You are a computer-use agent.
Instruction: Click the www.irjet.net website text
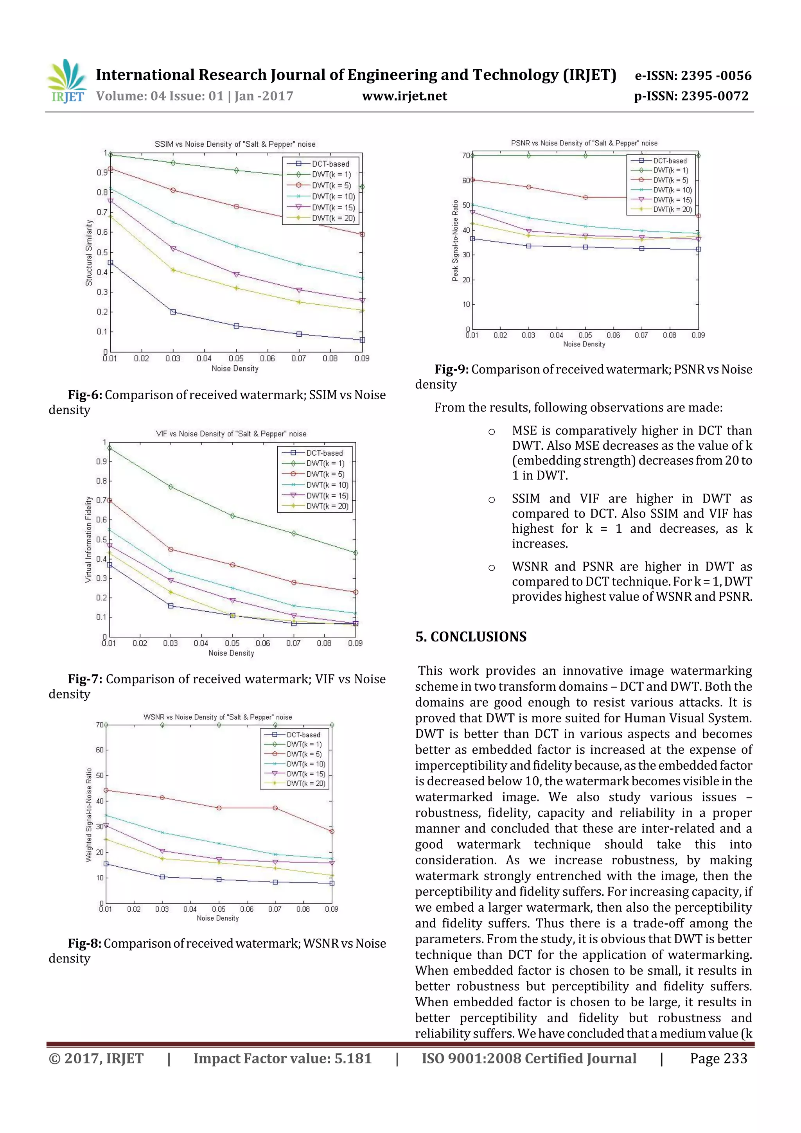[404, 96]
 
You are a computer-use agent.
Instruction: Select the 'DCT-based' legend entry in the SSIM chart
[330, 164]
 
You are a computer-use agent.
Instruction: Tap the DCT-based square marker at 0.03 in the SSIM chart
[173, 312]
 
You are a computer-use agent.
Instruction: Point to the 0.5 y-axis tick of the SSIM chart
[102, 252]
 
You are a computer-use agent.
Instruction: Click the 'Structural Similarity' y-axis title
[89, 253]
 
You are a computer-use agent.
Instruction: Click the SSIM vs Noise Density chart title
[235, 144]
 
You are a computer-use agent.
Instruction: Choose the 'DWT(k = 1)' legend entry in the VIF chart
[325, 463]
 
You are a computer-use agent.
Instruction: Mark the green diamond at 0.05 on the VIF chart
[232, 516]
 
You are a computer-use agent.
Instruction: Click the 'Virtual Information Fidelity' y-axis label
[89, 539]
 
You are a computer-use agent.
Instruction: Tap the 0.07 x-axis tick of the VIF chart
[293, 643]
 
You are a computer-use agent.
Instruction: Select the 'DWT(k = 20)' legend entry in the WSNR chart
[305, 783]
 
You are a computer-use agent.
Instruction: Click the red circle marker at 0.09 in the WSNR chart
[332, 831]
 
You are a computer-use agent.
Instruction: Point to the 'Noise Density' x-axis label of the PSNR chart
[584, 344]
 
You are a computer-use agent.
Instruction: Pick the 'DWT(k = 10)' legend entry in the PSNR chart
[672, 190]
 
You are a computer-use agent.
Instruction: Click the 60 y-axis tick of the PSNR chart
[466, 181]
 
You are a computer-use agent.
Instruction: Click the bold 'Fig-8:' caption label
[84, 943]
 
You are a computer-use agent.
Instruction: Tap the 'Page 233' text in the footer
[718, 1058]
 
